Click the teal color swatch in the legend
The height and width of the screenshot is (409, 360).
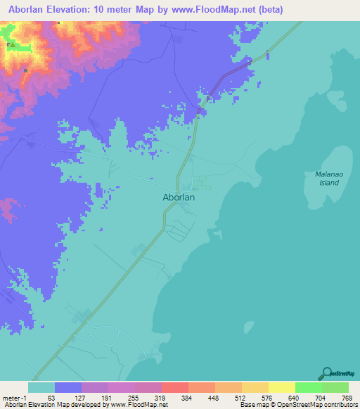click(41, 387)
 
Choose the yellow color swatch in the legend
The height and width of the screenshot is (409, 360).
click(281, 387)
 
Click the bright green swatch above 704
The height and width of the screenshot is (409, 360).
click(308, 387)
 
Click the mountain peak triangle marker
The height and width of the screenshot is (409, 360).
click(10, 44)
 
